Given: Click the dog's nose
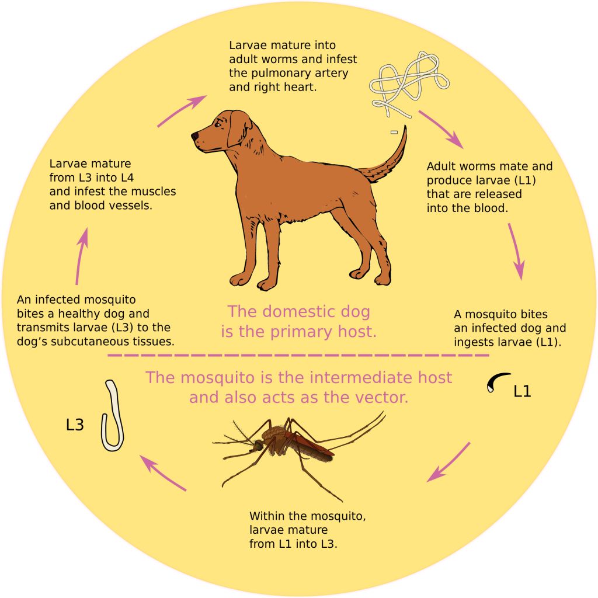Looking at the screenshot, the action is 194,135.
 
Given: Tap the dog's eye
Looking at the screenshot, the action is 218,124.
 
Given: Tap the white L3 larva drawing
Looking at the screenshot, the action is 113,416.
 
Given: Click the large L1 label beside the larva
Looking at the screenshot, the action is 522,391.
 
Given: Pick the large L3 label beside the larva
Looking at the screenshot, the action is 75,425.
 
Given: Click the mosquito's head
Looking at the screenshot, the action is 259,444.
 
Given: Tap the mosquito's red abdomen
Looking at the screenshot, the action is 313,446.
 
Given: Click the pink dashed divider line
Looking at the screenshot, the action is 298,356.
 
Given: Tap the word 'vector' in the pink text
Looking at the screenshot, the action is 385,397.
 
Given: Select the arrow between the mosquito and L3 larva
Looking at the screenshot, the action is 163,472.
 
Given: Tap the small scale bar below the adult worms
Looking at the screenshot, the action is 394,133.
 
